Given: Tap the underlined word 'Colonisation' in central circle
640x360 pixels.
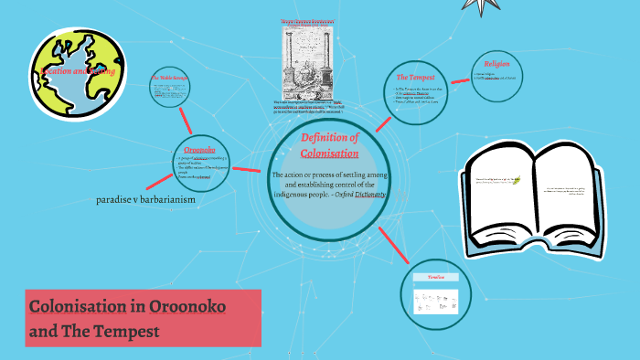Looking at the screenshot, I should (x=329, y=153).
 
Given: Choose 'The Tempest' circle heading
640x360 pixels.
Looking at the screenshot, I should (x=414, y=77).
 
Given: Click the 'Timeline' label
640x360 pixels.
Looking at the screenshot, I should (x=435, y=276).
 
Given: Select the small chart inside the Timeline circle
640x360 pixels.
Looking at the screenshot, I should (x=435, y=298).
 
